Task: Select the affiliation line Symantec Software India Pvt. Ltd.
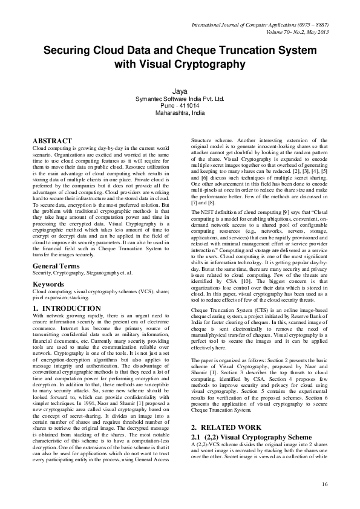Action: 180,98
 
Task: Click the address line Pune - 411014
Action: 180,105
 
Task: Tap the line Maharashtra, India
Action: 180,112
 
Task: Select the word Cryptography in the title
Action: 211,64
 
